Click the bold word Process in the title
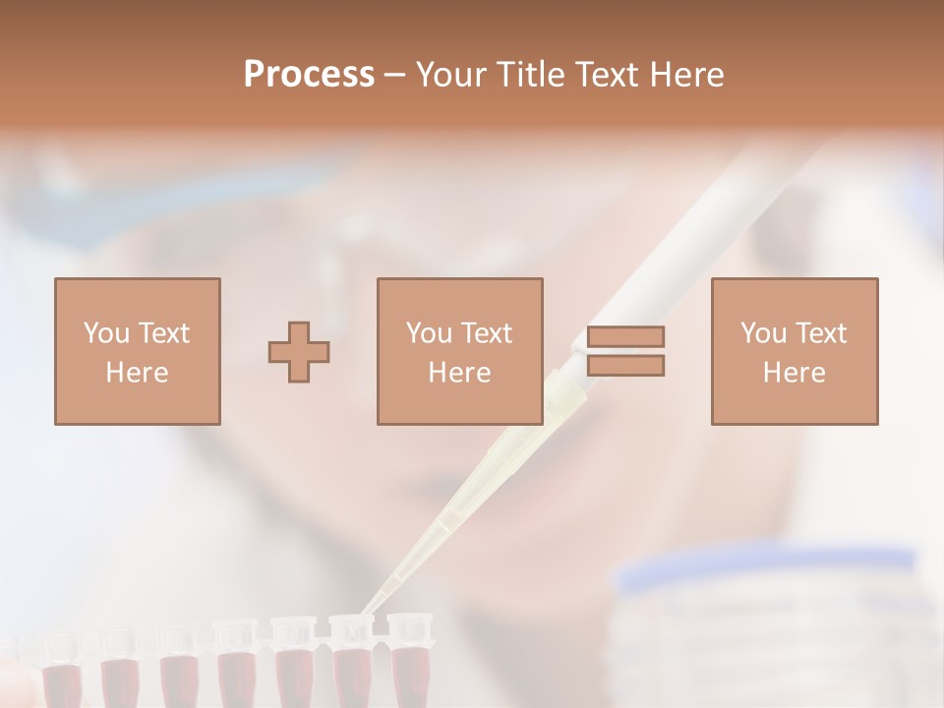coord(309,75)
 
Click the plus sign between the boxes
coord(299,352)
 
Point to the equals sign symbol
coord(625,351)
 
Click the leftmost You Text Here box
coord(138,352)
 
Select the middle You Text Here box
coord(459,352)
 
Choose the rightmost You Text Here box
coord(794,352)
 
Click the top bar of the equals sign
coord(625,336)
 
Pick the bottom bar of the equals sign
coord(625,366)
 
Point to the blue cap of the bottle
coord(767,570)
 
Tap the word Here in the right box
coord(794,373)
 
